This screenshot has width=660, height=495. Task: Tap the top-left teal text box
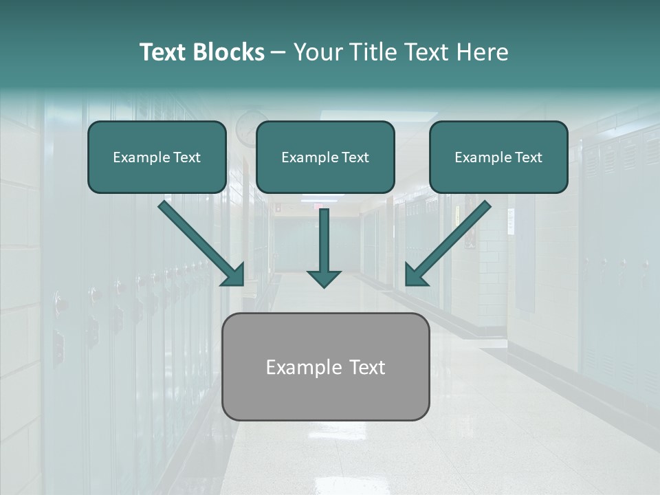[x=157, y=157]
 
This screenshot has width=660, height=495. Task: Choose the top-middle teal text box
[x=325, y=157]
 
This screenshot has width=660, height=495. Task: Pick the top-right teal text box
[x=498, y=157]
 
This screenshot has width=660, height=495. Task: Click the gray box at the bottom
[x=325, y=366]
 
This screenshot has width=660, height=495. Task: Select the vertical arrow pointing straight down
[x=324, y=244]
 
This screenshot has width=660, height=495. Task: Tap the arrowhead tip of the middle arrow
[x=324, y=284]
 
